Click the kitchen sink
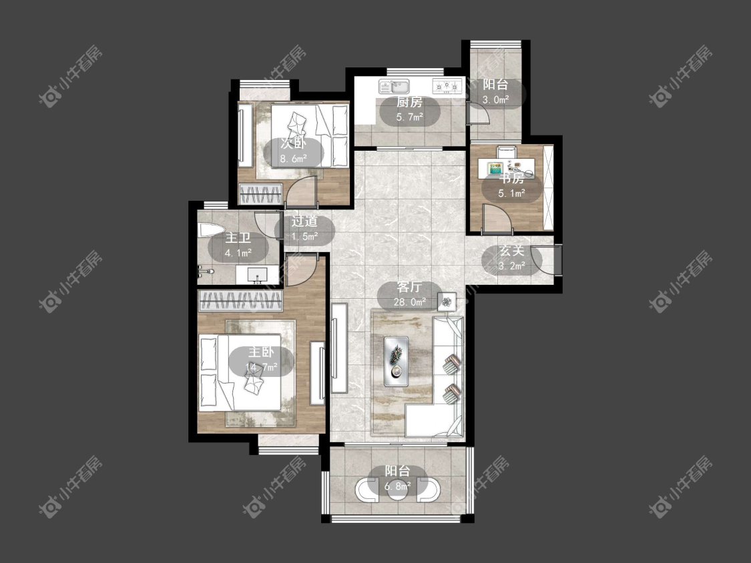click(394, 87)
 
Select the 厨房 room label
click(409, 102)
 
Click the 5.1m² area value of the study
click(512, 193)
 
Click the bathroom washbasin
click(257, 275)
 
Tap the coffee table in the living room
click(396, 361)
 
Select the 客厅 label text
click(409, 287)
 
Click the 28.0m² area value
click(409, 302)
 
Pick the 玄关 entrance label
click(512, 250)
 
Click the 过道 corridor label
click(304, 221)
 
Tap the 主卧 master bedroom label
click(261, 352)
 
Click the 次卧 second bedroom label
click(293, 143)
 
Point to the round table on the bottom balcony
click(397, 490)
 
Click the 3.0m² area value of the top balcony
click(495, 100)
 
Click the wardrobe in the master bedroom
click(240, 301)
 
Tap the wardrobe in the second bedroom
click(260, 194)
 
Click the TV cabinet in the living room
click(339, 348)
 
